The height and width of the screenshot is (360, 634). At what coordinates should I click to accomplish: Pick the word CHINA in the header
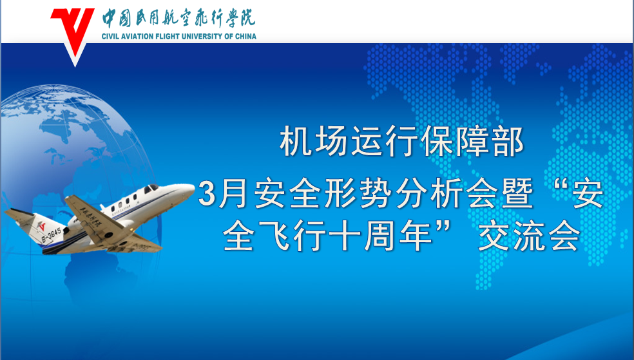(x=245, y=36)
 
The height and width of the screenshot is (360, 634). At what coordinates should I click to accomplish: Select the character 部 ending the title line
(x=508, y=141)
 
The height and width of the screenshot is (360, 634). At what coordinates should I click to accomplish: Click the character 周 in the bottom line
(x=380, y=236)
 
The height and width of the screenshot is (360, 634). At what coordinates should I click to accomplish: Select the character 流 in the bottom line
(x=529, y=236)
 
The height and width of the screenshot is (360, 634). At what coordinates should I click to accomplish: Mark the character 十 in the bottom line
(x=345, y=236)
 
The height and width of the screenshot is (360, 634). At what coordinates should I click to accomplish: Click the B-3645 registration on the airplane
(x=52, y=236)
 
